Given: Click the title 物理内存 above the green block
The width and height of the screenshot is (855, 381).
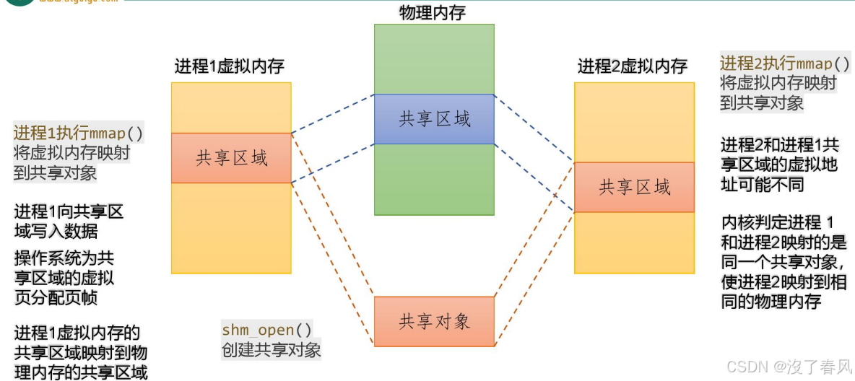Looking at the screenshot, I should [433, 12].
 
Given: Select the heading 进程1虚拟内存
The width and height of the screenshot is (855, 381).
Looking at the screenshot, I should [230, 66].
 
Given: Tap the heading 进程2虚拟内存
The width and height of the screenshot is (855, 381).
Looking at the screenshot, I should [633, 66].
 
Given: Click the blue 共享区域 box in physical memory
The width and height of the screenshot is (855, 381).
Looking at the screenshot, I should [434, 119].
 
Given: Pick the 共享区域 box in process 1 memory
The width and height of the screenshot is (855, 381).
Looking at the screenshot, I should [231, 158].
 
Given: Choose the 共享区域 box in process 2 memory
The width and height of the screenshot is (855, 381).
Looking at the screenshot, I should [634, 188].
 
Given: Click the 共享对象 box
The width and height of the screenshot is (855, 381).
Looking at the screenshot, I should [434, 321].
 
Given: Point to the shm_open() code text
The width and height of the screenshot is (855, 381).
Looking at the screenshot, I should [267, 330].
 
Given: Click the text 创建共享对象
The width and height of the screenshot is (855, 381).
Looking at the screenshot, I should [272, 350].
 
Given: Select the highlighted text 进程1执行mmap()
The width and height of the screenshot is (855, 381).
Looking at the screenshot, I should [78, 133].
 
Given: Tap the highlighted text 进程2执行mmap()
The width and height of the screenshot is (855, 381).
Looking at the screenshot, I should [785, 63].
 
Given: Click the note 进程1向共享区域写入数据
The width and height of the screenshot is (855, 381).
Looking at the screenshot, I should [69, 221].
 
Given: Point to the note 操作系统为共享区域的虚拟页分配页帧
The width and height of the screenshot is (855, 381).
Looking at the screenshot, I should [64, 278].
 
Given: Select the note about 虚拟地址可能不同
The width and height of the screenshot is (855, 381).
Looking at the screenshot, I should [779, 165].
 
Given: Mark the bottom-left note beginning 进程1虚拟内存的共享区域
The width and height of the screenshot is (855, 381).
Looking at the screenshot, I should [80, 353].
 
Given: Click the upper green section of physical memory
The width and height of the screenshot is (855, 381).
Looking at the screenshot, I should [434, 58].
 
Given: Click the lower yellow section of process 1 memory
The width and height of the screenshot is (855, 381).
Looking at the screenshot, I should [231, 228].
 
